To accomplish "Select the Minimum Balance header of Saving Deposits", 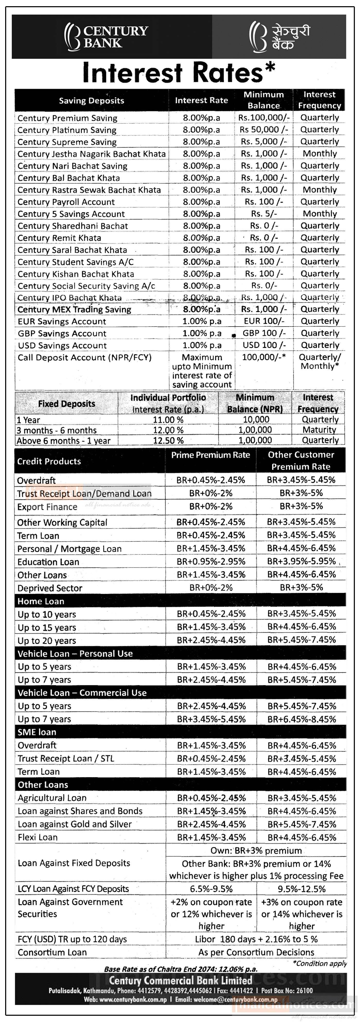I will coord(264,100).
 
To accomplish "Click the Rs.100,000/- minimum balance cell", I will coord(264,118).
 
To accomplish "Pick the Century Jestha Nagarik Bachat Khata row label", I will coord(91,154).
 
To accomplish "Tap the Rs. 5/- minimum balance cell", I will coord(264,214).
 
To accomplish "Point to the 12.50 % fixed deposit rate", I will coord(168,440).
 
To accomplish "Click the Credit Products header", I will coord(49,461).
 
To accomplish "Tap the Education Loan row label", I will coord(48,562).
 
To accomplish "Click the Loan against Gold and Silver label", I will coord(74,824).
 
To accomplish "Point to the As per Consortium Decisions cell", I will coord(256,952).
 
